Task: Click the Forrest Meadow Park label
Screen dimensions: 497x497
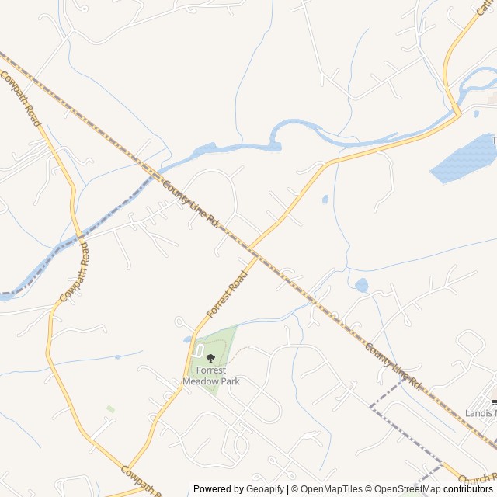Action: [x=210, y=376]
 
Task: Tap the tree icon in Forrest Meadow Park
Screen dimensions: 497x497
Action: [x=210, y=358]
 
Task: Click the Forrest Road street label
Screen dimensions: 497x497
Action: [x=227, y=294]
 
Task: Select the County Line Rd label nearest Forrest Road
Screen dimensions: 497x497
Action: [x=191, y=203]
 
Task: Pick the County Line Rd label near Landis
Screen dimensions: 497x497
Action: [x=392, y=367]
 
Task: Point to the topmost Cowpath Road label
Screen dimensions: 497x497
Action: [x=20, y=99]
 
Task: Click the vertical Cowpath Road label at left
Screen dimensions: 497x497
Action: [x=74, y=272]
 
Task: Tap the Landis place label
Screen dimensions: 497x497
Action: [x=480, y=413]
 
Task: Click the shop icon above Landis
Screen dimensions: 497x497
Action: [x=494, y=401]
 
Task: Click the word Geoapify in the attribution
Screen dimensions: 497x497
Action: [x=266, y=489]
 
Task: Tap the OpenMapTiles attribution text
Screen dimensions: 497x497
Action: [x=332, y=489]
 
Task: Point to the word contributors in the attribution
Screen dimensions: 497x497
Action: [x=468, y=489]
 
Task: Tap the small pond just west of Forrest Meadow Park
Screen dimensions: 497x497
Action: [x=188, y=339]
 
